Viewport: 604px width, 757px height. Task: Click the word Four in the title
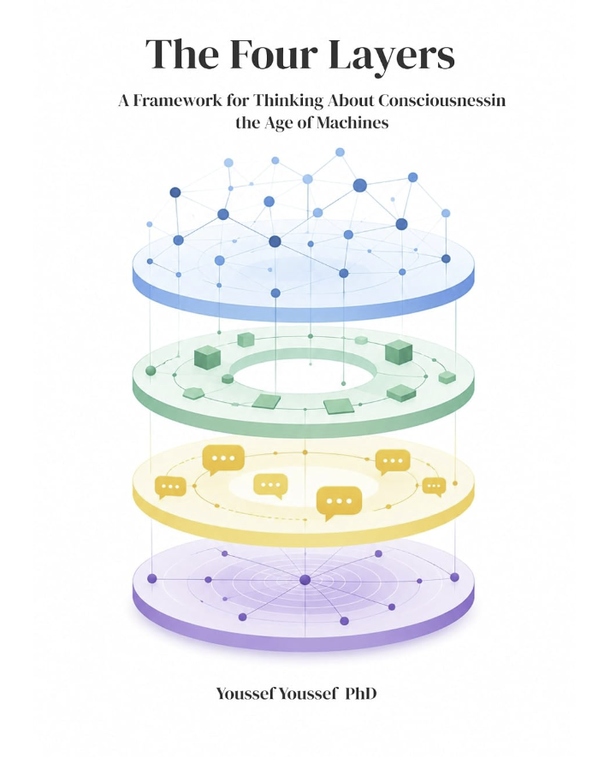click(272, 54)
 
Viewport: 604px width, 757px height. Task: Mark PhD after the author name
click(361, 694)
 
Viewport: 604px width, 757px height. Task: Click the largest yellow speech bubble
click(339, 503)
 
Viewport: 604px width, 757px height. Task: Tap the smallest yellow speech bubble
click(434, 487)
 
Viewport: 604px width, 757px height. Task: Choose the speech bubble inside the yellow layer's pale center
click(270, 486)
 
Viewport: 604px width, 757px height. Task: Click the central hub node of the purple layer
click(305, 580)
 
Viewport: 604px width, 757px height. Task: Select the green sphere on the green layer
click(151, 370)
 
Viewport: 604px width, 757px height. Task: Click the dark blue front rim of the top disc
click(303, 309)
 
